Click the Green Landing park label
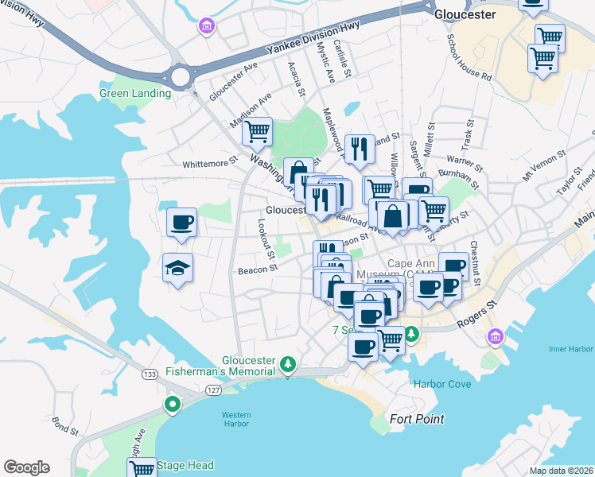[135, 93]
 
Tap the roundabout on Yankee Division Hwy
[181, 77]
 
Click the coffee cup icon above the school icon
[181, 222]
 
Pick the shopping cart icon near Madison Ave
[258, 131]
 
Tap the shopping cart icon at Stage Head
[142, 468]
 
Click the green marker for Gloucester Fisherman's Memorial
[288, 366]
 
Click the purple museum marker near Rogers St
[496, 336]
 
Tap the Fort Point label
[417, 419]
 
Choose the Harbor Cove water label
[442, 384]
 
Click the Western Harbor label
[236, 419]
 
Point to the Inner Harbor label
[571, 348]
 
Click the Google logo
[26, 467]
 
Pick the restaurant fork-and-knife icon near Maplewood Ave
[360, 148]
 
